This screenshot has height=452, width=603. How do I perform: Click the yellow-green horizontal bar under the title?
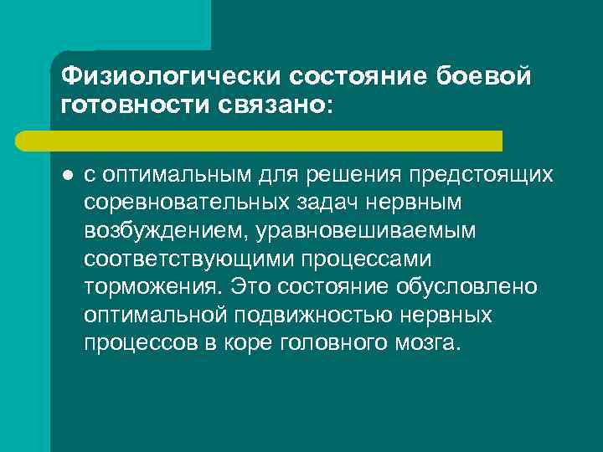tap(276, 141)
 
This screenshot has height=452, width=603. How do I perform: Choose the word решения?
tap(348, 174)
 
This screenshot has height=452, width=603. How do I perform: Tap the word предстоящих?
tap(480, 174)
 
